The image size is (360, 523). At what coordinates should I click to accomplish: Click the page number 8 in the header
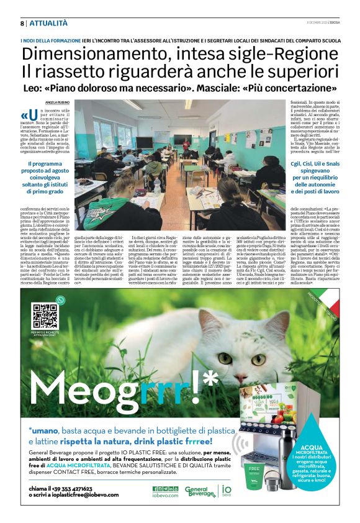click(x=22, y=23)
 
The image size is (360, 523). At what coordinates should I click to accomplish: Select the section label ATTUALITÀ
click(x=48, y=23)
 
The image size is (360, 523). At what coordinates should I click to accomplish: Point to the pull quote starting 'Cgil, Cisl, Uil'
click(x=313, y=181)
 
